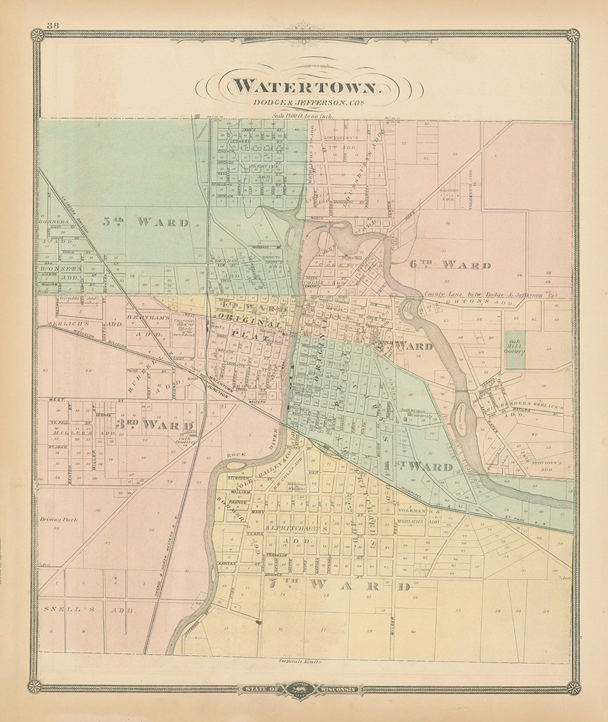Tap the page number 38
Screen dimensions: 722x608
coord(52,26)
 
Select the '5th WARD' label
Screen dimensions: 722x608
coord(146,222)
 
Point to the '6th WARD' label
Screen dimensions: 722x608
coord(450,265)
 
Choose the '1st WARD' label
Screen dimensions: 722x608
coord(418,467)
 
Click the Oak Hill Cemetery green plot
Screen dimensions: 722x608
coord(514,350)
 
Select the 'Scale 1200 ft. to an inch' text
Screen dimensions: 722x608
coord(302,115)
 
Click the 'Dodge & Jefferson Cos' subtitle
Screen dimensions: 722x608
coord(307,103)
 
